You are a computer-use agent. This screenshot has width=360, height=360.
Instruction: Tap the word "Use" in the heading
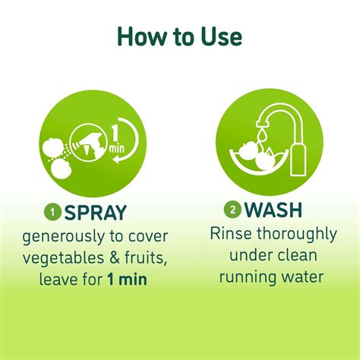coord(221,36)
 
